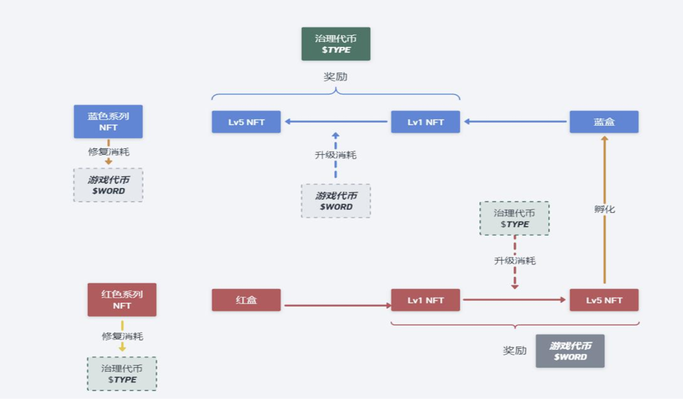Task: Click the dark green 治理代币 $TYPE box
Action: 336,44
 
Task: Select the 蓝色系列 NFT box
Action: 108,121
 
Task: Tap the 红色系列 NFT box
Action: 122,299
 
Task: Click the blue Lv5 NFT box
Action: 246,122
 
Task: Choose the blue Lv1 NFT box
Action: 425,122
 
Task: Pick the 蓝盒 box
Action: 604,122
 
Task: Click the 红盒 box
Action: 246,300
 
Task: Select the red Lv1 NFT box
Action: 425,300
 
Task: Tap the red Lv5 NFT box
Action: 604,300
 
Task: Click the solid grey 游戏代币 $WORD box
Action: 570,351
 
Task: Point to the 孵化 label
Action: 605,209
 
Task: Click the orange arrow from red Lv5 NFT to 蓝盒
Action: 604,240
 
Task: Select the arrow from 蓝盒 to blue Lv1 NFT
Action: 515,122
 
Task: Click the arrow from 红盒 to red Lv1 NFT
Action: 336,305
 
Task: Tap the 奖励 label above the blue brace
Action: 336,77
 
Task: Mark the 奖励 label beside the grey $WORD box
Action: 515,351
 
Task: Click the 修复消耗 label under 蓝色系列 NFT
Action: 109,152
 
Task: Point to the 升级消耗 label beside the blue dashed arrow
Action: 336,155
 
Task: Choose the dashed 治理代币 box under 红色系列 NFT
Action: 122,373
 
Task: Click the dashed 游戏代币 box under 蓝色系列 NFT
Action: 108,185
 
